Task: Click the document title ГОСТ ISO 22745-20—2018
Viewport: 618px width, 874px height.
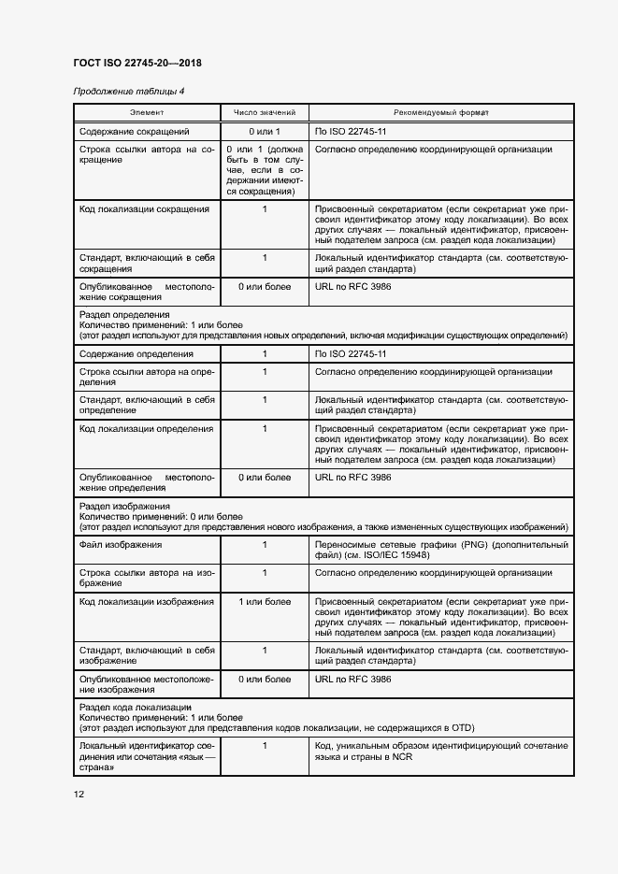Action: (137, 64)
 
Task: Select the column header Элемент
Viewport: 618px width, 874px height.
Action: (146, 112)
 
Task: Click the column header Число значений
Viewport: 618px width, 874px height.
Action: (264, 112)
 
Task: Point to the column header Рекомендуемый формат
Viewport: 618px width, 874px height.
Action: (440, 112)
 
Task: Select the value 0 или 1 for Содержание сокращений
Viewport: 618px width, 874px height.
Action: (265, 132)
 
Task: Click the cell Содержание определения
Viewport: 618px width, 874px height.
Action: (137, 354)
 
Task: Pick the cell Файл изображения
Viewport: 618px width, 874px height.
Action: (122, 544)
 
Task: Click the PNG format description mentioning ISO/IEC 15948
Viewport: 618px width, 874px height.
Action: (441, 550)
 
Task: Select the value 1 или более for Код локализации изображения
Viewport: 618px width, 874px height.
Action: (265, 602)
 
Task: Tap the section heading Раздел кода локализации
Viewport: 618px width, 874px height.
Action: (136, 708)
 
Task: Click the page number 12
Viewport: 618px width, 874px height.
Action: (79, 794)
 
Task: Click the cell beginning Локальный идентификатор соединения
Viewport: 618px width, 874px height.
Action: (147, 756)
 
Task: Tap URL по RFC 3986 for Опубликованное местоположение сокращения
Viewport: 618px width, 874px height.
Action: (353, 286)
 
